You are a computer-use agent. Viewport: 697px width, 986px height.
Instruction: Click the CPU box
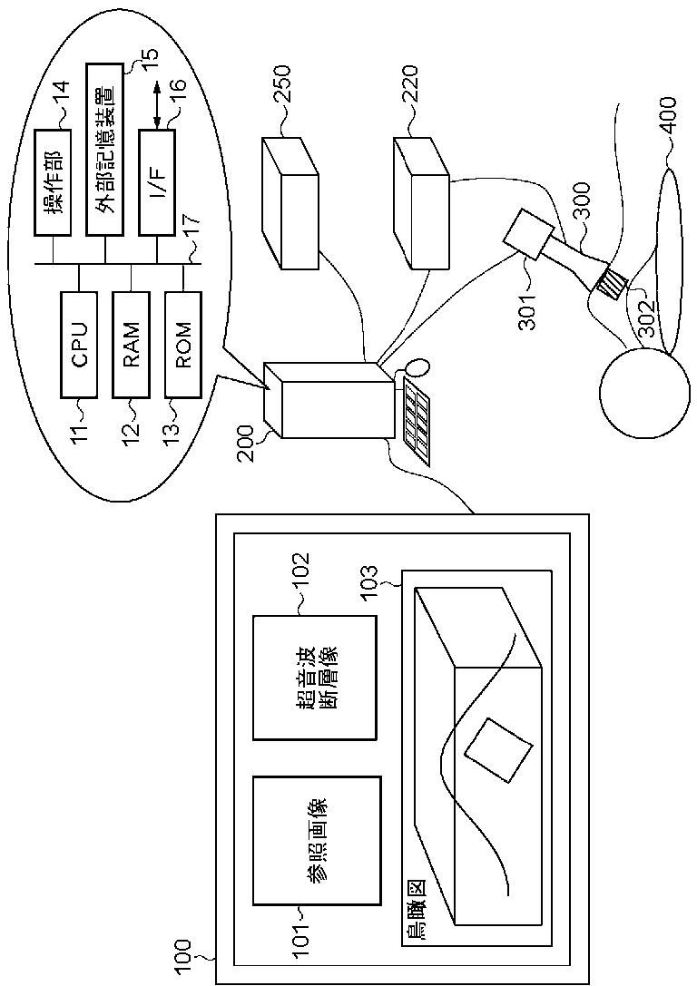(x=79, y=345)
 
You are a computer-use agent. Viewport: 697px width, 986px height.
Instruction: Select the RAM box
(x=131, y=345)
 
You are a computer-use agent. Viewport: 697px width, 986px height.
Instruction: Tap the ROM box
(x=183, y=345)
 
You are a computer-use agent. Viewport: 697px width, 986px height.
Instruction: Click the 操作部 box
(x=53, y=183)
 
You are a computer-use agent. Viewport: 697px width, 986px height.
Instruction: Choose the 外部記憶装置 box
(x=104, y=150)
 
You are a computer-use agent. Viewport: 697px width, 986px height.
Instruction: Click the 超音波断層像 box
(x=315, y=678)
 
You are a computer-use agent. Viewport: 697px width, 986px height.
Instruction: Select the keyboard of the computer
(x=415, y=422)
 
